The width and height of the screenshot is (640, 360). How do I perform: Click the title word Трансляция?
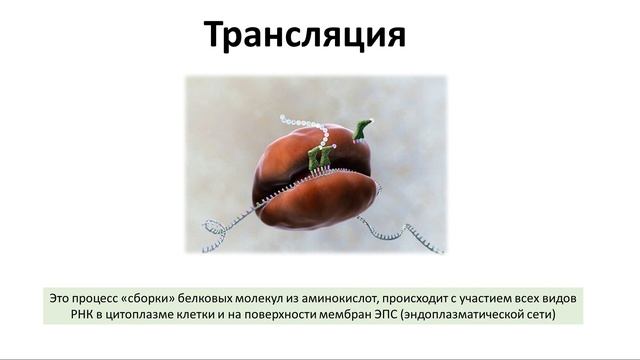click(305, 35)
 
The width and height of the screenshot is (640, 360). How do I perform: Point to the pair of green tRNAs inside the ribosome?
click(320, 157)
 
